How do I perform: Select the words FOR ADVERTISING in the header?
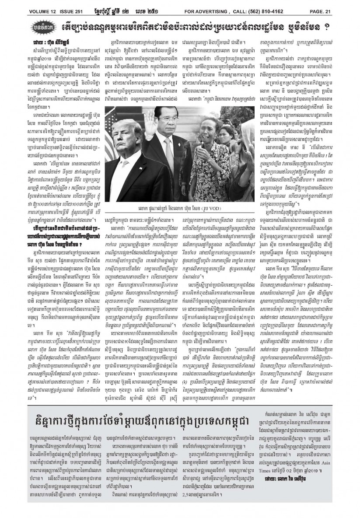197,5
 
